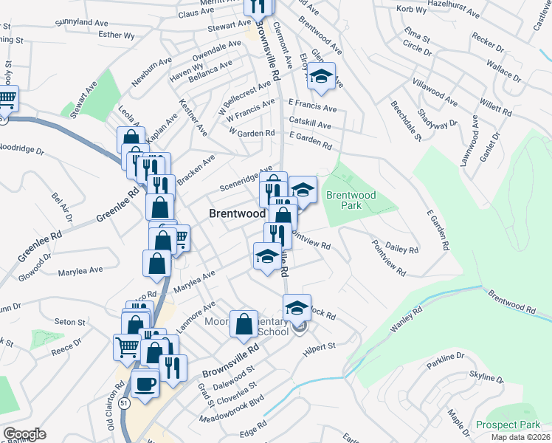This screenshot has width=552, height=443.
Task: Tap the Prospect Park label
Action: coord(508,425)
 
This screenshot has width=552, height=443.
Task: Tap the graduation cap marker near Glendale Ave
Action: coord(322,76)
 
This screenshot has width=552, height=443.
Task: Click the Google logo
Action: coord(24,434)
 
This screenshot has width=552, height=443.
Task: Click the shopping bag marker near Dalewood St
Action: coord(244,324)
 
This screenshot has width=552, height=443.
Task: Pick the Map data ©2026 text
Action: coord(520,437)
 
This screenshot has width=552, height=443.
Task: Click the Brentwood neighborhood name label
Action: coord(237,213)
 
